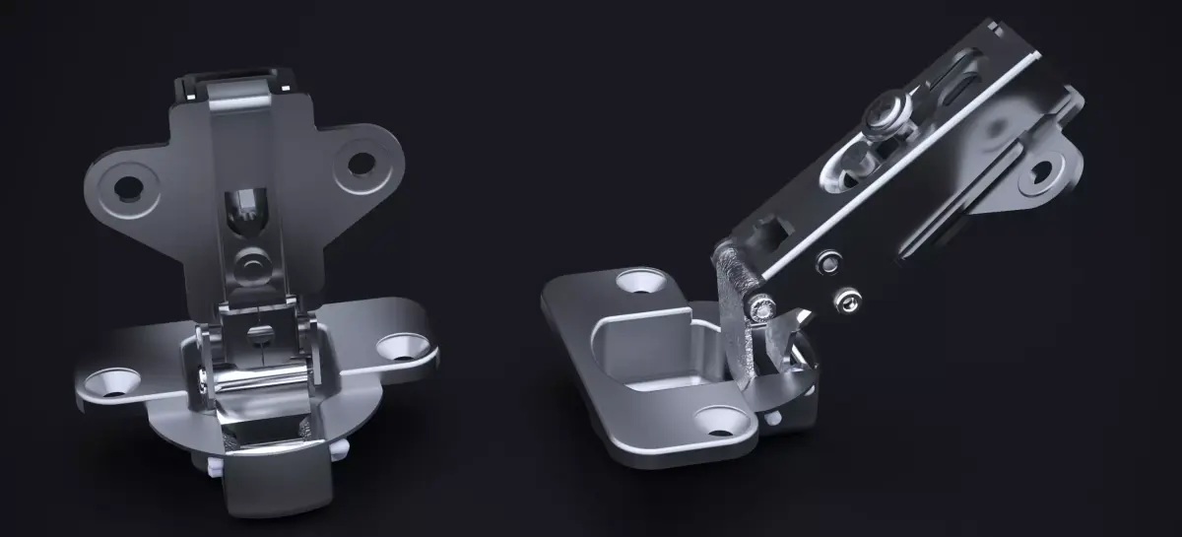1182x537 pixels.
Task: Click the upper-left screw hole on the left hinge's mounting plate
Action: (126, 185)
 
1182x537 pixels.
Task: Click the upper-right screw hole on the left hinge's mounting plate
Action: (361, 163)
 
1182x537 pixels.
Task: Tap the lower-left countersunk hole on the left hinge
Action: (108, 381)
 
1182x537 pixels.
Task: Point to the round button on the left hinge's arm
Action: (251, 264)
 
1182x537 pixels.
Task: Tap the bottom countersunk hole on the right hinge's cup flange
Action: (721, 422)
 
